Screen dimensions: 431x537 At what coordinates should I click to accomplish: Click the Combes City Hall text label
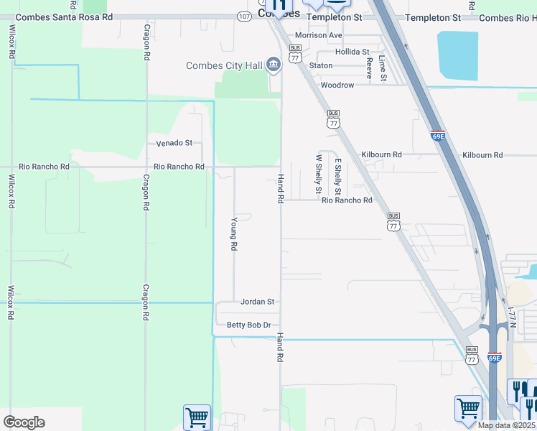pyautogui.click(x=224, y=66)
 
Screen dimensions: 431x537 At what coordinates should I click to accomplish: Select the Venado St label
pyautogui.click(x=174, y=143)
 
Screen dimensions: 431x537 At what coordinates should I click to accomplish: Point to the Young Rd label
pyautogui.click(x=233, y=234)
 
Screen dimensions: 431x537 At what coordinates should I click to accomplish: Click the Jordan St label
pyautogui.click(x=258, y=302)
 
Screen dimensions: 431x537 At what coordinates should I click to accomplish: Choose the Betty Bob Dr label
pyautogui.click(x=248, y=325)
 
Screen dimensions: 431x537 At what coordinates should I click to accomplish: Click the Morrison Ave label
pyautogui.click(x=319, y=35)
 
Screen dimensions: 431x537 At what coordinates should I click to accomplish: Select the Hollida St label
pyautogui.click(x=352, y=52)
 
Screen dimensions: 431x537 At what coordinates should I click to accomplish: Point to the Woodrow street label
pyautogui.click(x=337, y=85)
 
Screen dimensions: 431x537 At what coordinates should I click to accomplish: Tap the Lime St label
pyautogui.click(x=383, y=69)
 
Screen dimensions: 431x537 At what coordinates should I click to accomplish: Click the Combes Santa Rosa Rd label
pyautogui.click(x=65, y=17)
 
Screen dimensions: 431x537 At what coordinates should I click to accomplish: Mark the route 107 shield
pyautogui.click(x=243, y=16)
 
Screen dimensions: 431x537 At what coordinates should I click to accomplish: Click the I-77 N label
pyautogui.click(x=511, y=317)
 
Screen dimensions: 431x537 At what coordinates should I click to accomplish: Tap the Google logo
pyautogui.click(x=24, y=422)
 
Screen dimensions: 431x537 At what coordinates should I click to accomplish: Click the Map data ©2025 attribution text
pyautogui.click(x=505, y=425)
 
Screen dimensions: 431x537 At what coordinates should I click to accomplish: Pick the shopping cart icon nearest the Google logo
pyautogui.click(x=197, y=417)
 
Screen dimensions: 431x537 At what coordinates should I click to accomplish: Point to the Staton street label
pyautogui.click(x=321, y=65)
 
